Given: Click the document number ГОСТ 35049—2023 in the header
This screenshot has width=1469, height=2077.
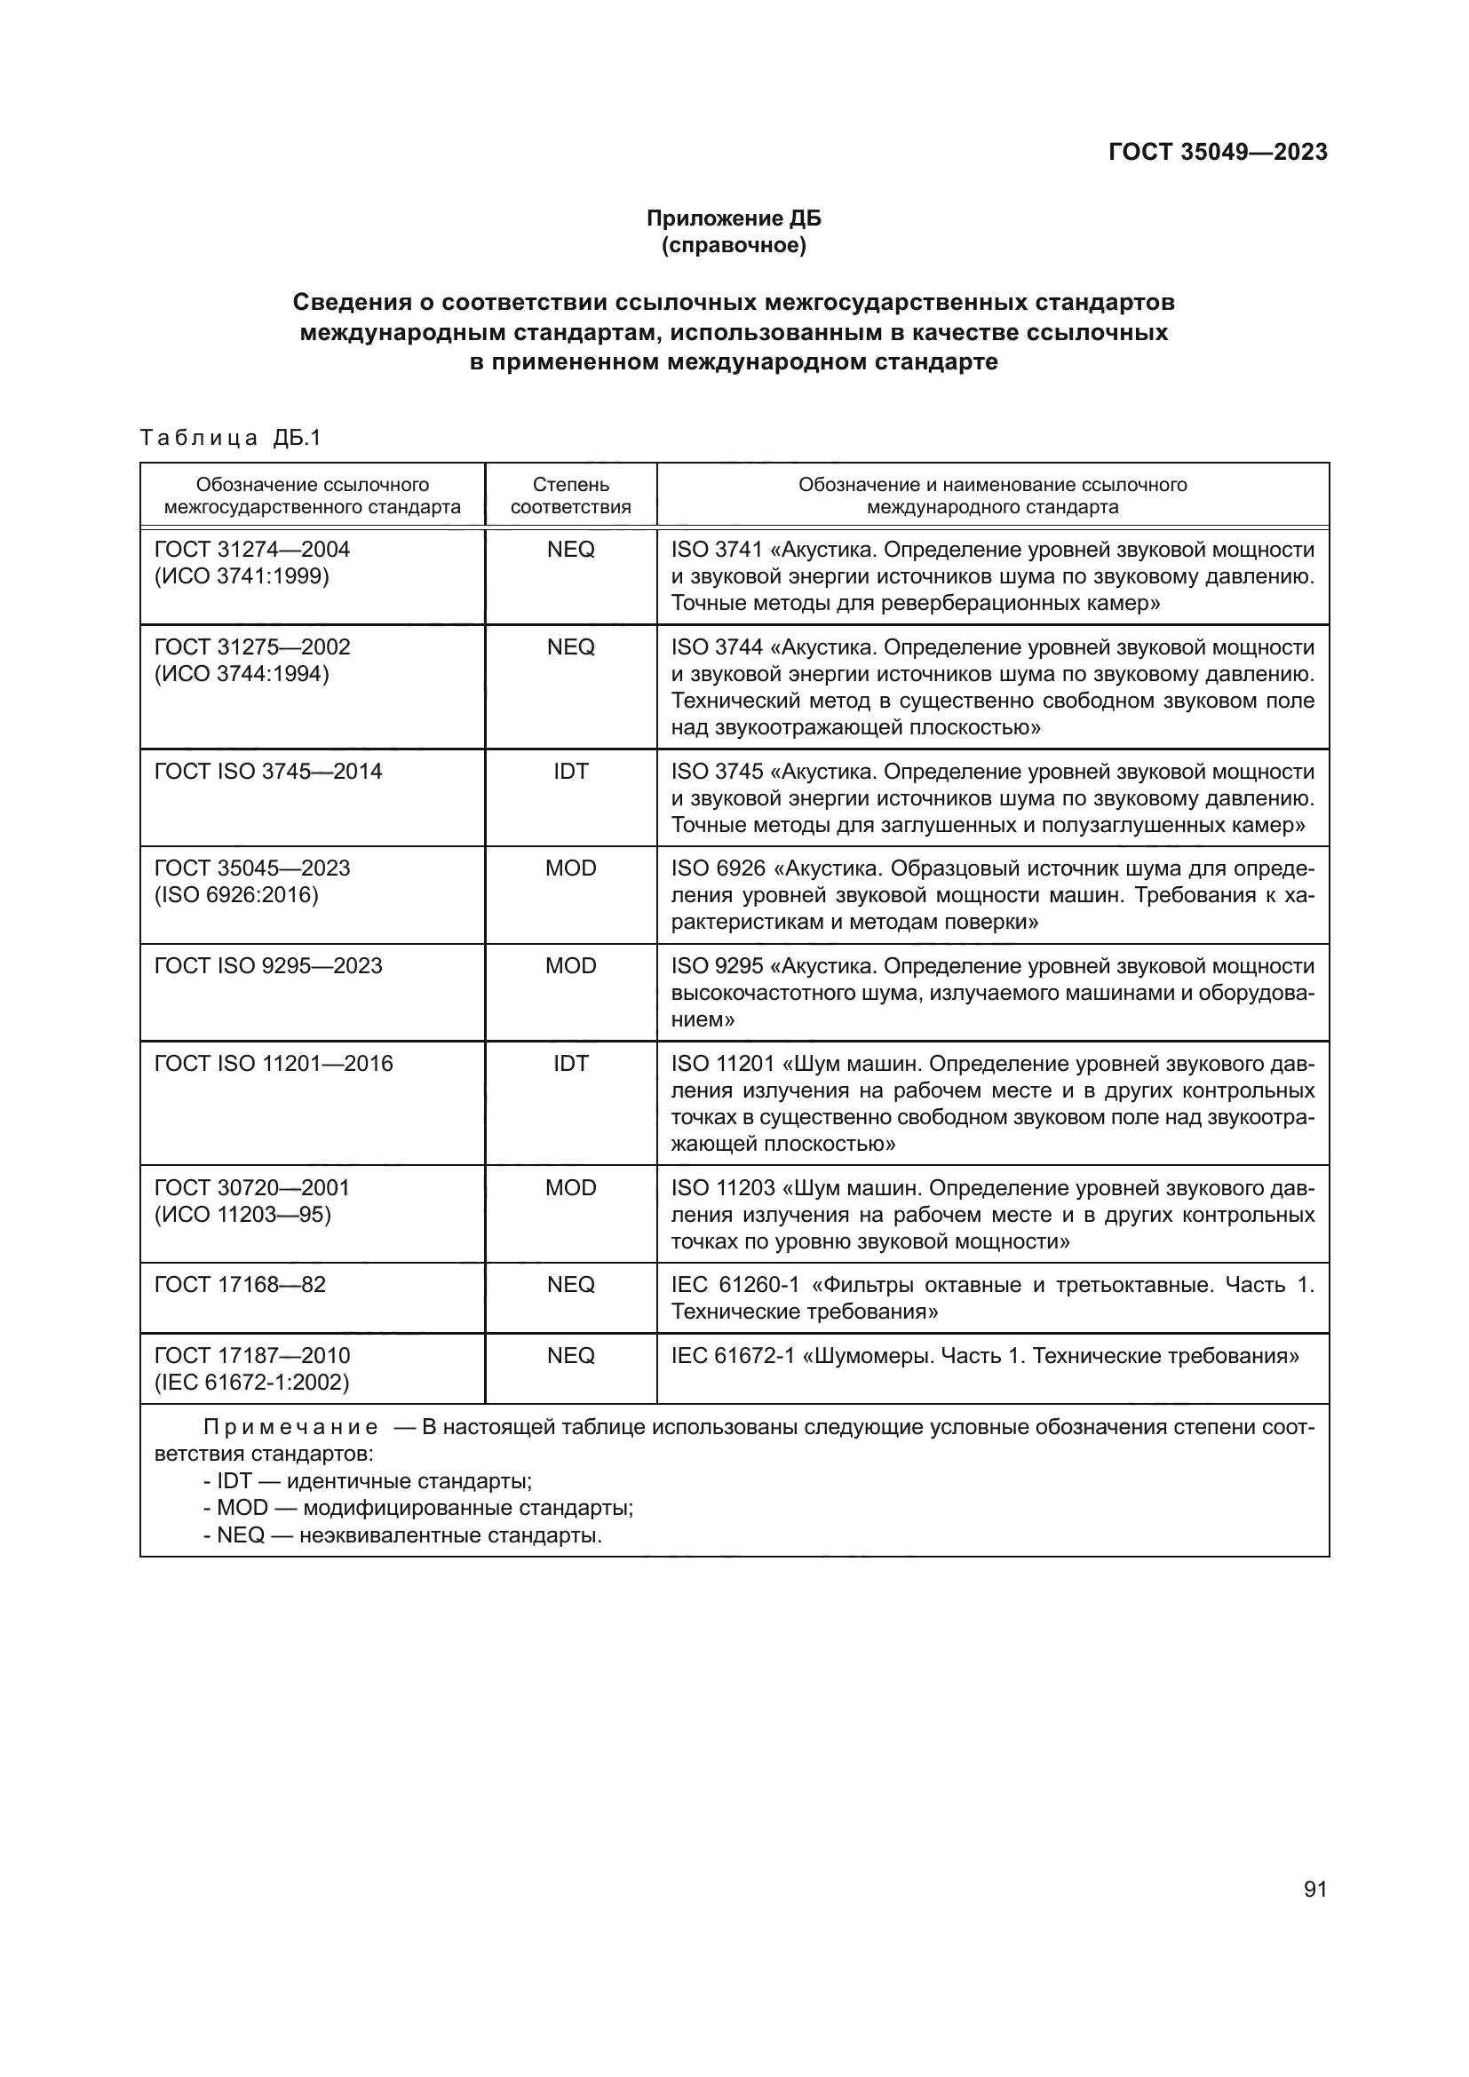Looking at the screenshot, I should coord(1218,152).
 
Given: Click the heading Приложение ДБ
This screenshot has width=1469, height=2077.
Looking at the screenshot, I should coord(734,218).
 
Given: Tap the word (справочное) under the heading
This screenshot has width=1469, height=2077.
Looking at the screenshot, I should coord(734,245).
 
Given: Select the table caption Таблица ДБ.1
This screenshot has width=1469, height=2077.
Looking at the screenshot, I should coord(231,439).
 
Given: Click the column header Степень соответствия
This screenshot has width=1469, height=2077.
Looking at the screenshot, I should coord(570,495).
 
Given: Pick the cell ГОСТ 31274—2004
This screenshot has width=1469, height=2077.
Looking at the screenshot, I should coord(252,550).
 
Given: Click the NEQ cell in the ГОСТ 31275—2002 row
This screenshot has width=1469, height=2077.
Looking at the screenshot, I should coord(570,647).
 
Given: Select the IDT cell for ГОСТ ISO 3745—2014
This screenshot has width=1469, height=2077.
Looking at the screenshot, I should coord(570,772).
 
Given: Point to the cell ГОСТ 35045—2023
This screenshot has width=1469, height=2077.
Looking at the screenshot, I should coord(252,868).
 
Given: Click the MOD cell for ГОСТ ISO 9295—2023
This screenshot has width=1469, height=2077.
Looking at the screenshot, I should coord(570,966).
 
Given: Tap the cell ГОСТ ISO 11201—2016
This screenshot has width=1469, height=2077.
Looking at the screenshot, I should coord(274,1064).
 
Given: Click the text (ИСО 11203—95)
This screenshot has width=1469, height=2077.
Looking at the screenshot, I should coord(242,1215).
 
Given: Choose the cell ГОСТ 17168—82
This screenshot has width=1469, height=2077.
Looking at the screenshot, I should coord(240,1285).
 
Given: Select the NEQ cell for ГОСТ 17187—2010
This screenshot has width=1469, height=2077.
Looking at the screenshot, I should coord(570,1356).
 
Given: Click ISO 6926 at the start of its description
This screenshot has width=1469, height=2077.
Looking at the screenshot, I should coord(719,868).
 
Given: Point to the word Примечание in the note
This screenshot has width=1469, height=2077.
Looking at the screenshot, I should coord(290,1429).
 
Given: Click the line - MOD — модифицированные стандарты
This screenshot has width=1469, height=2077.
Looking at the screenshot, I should coord(418,1508).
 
